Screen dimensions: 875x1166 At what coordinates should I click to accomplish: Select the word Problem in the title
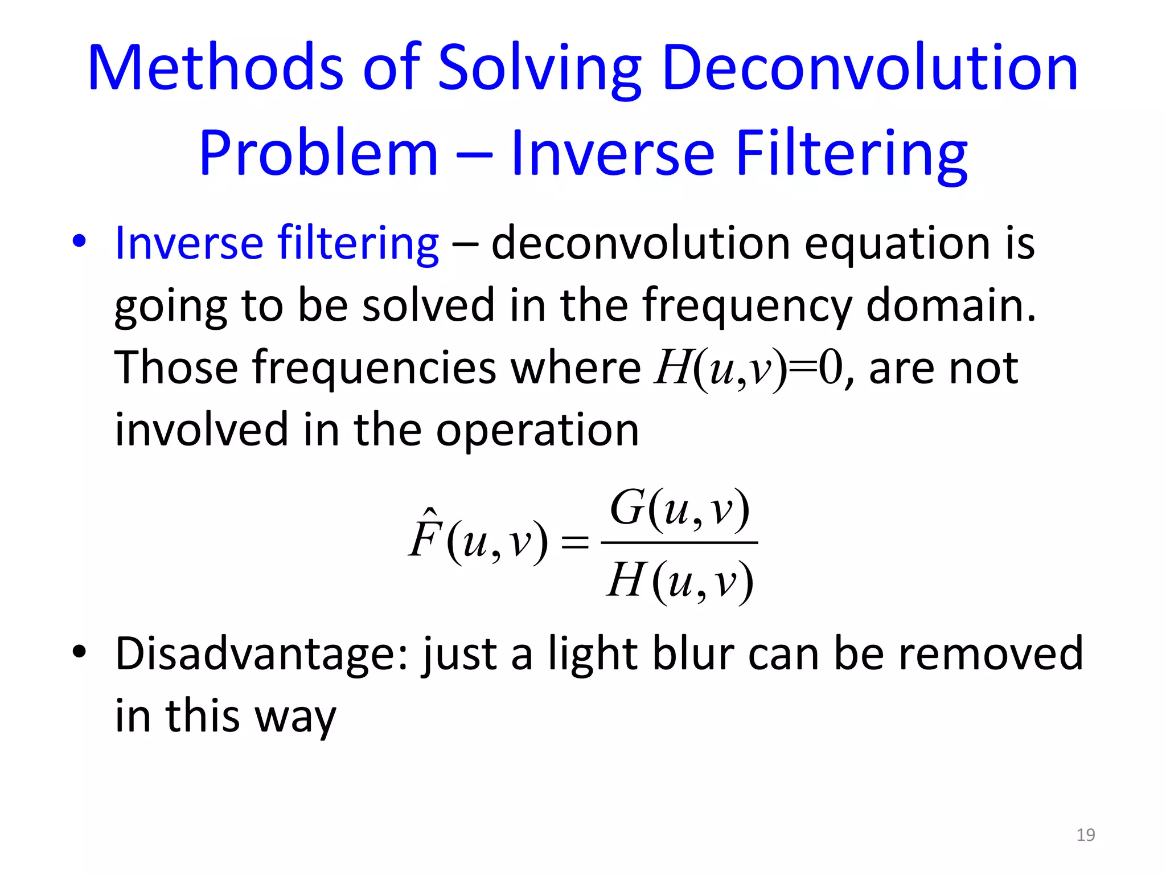tap(318, 154)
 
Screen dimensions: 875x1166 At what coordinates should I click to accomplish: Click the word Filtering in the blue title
tap(851, 154)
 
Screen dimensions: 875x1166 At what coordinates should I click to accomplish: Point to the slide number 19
tap(1085, 835)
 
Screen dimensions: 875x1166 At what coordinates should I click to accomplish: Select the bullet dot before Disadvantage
tap(79, 651)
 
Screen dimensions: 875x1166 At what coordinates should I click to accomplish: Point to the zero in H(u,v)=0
tap(830, 369)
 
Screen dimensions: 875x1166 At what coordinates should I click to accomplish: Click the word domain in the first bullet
tap(950, 305)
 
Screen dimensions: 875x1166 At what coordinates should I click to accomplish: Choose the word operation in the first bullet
tap(537, 431)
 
